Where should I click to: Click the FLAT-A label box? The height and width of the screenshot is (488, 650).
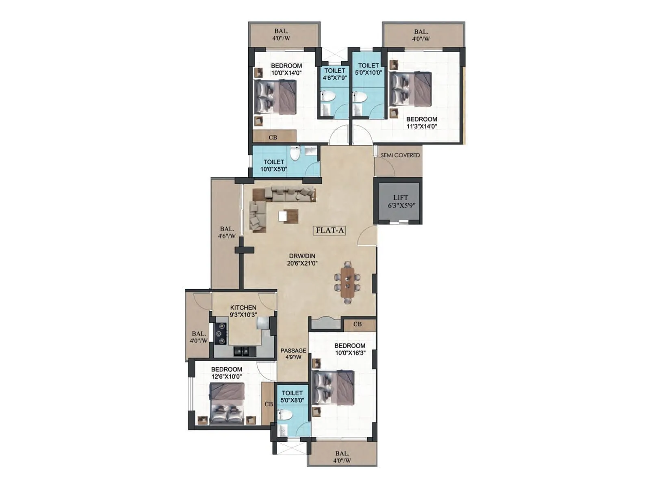pyautogui.click(x=330, y=231)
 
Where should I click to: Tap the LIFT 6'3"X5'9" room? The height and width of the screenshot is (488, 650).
pyautogui.click(x=400, y=201)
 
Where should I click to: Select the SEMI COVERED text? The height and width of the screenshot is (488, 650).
pyautogui.click(x=400, y=155)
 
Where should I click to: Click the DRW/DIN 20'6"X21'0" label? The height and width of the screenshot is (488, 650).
pyautogui.click(x=302, y=259)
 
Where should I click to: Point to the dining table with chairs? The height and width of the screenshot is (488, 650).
pyautogui.click(x=347, y=283)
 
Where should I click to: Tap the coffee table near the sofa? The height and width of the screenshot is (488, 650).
pyautogui.click(x=288, y=216)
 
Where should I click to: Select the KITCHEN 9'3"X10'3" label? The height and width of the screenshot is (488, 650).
pyautogui.click(x=243, y=311)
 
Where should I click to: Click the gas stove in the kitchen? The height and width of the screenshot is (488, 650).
pyautogui.click(x=221, y=333)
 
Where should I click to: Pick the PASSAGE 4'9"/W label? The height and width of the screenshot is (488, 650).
pyautogui.click(x=293, y=354)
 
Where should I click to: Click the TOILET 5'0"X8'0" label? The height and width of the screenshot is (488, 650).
pyautogui.click(x=292, y=396)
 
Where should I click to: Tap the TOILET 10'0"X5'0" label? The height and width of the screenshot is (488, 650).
pyautogui.click(x=273, y=166)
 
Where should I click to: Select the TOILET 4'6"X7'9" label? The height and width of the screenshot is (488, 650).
pyautogui.click(x=334, y=74)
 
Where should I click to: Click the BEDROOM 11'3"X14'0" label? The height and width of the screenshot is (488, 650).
pyautogui.click(x=421, y=122)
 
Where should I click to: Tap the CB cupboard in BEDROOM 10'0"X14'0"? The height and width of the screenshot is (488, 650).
pyautogui.click(x=273, y=137)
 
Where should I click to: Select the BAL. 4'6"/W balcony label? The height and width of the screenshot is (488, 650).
pyautogui.click(x=226, y=232)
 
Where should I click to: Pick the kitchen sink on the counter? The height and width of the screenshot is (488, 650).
pyautogui.click(x=242, y=350)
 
